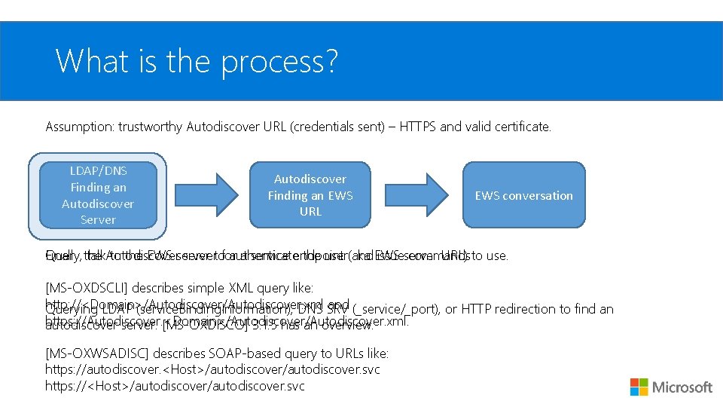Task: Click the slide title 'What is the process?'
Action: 197,61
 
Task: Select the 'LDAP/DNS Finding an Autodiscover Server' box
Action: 98,195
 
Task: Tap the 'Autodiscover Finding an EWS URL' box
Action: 310,195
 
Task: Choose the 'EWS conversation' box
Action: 523,195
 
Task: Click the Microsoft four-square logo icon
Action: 639,387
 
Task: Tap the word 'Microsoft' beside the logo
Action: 682,387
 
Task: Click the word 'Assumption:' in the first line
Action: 79,127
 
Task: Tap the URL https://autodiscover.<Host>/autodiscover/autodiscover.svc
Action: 212,369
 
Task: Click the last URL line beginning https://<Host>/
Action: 175,386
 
